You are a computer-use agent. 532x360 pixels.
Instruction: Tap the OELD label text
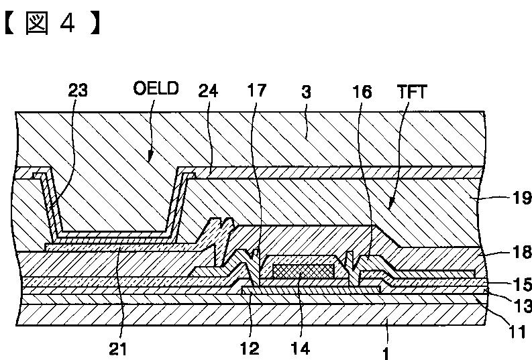pos(156,89)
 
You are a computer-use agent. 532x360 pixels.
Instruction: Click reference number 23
pos(78,90)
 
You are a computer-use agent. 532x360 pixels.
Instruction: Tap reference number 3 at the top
pos(305,91)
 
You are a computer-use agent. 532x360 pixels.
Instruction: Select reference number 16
pos(362,91)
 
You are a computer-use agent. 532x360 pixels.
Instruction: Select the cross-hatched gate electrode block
pos(303,269)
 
